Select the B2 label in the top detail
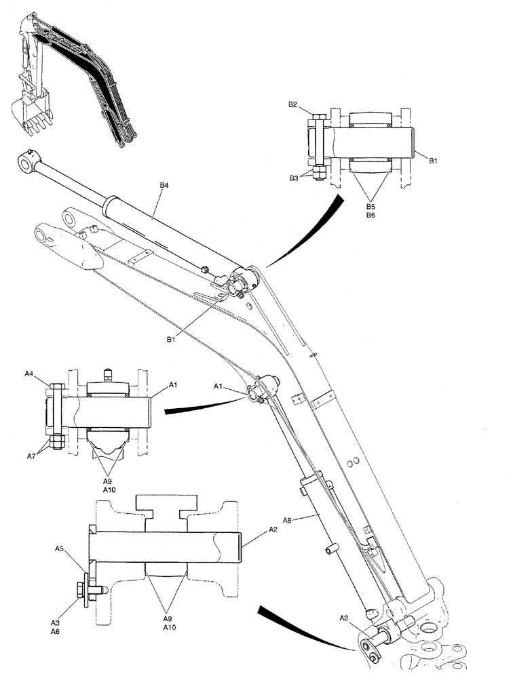[x=292, y=104]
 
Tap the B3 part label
[x=292, y=178]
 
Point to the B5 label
[x=370, y=205]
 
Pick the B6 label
[x=370, y=214]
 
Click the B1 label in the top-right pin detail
[x=432, y=160]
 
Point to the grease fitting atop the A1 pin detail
[x=108, y=373]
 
